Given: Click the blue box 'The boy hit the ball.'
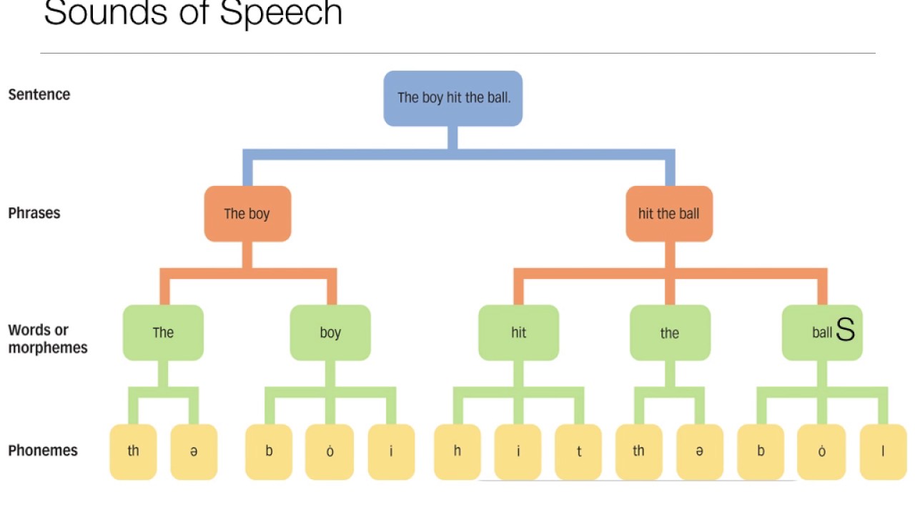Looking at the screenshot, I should [x=453, y=98].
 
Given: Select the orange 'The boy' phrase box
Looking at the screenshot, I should [x=247, y=213].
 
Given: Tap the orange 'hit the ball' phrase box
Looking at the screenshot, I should [x=669, y=213].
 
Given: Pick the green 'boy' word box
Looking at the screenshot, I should [x=330, y=333].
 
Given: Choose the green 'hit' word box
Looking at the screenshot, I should [x=518, y=333].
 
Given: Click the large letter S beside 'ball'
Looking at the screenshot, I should [x=845, y=330].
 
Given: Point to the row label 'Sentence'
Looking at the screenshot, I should [x=39, y=94].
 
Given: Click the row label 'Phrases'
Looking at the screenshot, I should [x=34, y=213].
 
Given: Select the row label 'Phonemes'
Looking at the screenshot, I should [x=44, y=451].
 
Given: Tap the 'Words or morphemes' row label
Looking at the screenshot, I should [x=48, y=339].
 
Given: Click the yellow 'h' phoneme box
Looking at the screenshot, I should [x=457, y=451].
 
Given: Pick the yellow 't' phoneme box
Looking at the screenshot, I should [x=578, y=451].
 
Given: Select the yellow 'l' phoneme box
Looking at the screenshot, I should [x=883, y=451].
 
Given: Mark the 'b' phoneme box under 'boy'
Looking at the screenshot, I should [x=269, y=451].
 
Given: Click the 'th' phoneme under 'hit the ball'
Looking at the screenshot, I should [x=638, y=451].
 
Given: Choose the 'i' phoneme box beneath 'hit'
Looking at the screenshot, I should [x=518, y=451].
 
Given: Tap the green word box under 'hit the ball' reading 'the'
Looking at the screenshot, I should [x=670, y=333].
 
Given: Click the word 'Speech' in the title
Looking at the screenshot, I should [x=281, y=13].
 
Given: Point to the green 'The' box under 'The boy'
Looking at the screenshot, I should [x=163, y=333].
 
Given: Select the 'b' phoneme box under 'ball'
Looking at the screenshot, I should [x=761, y=451].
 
